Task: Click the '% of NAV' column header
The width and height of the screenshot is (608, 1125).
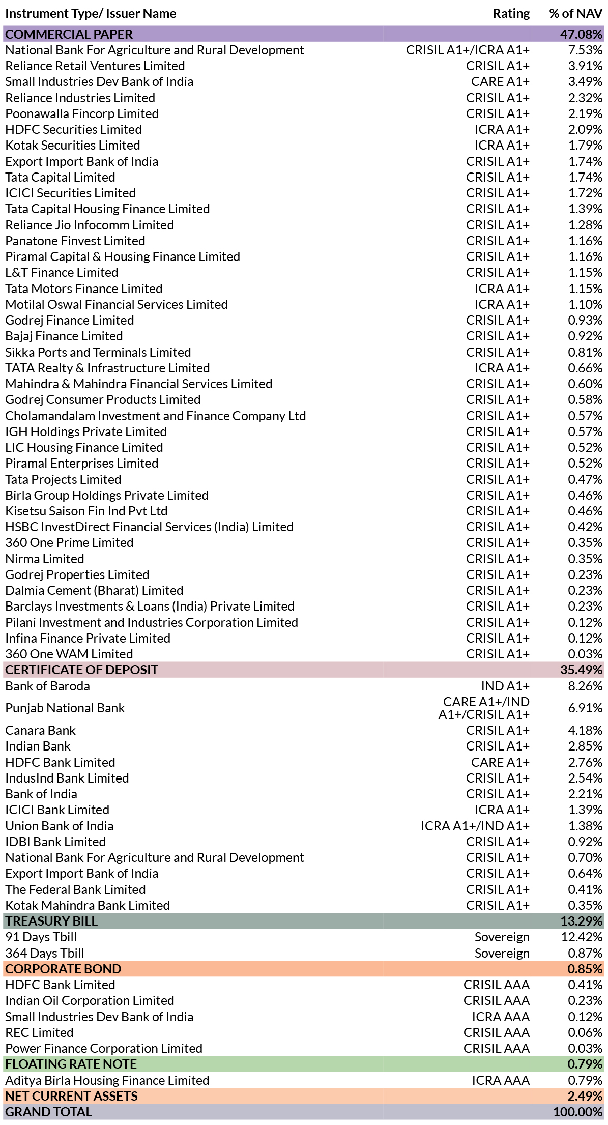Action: click(x=575, y=14)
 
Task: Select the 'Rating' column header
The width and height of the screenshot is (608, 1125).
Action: click(x=511, y=14)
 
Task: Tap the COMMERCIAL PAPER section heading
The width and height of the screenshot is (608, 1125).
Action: click(x=69, y=34)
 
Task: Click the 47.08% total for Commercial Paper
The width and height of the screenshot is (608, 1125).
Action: click(x=581, y=34)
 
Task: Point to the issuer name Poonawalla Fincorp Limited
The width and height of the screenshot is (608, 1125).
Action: click(x=82, y=113)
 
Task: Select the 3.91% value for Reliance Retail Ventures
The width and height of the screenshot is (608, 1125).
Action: click(x=585, y=66)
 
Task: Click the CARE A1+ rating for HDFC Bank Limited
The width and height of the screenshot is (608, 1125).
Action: click(x=500, y=762)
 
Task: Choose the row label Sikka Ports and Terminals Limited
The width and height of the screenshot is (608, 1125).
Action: click(x=98, y=352)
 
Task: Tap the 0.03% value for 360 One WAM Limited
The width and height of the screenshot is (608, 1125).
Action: click(x=585, y=654)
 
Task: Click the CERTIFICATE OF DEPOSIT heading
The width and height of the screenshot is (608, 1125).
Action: click(x=81, y=670)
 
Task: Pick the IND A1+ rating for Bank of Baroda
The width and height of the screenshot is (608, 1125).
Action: click(x=505, y=686)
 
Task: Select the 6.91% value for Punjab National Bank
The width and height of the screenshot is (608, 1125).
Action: click(x=585, y=708)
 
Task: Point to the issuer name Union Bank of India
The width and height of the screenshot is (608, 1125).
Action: click(x=59, y=826)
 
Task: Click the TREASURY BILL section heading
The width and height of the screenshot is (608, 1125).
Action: click(x=51, y=921)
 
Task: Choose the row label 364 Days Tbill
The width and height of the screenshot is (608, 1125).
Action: click(x=45, y=953)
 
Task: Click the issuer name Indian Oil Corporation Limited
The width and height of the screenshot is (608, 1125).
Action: click(x=90, y=1000)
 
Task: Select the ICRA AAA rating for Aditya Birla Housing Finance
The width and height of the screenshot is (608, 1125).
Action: click(x=501, y=1080)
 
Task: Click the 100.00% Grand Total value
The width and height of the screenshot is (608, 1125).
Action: click(x=578, y=1112)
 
